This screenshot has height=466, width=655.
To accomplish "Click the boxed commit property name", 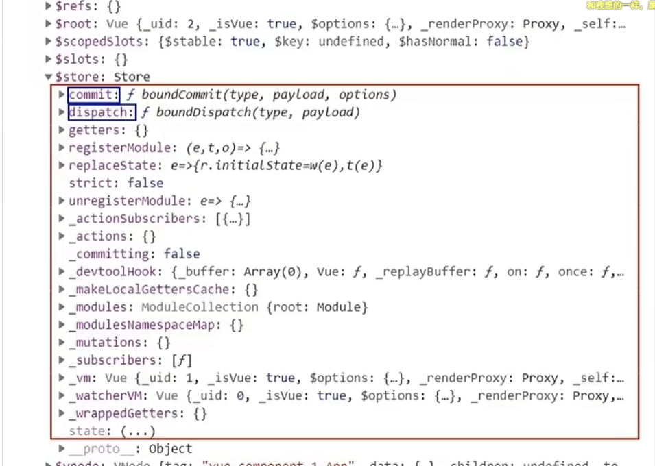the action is [x=93, y=95].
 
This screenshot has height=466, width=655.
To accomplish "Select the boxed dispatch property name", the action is [x=101, y=112].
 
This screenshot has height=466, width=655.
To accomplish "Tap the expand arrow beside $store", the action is [x=49, y=77].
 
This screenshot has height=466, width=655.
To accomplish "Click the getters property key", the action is [x=96, y=130].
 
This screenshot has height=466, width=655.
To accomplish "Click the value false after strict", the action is [x=145, y=183].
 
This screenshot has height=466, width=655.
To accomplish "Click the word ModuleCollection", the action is [x=200, y=307].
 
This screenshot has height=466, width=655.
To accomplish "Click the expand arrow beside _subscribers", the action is [x=62, y=360].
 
